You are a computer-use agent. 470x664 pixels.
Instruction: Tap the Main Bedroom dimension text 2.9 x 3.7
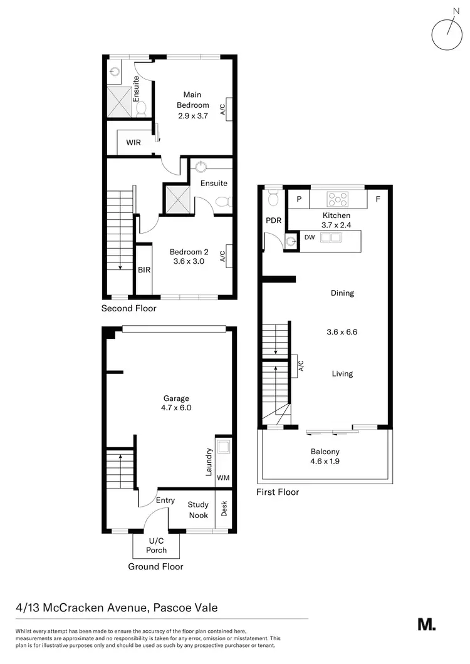[x=192, y=115]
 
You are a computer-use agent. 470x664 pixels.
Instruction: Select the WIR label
[x=133, y=142]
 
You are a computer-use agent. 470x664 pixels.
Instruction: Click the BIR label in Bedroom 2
[x=144, y=270]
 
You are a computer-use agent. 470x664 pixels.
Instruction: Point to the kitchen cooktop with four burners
[x=338, y=200]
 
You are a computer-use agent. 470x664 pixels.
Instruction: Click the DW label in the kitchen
[x=309, y=238]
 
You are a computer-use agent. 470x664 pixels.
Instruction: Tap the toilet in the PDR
[x=273, y=199]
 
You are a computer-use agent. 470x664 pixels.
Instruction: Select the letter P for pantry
[x=299, y=200]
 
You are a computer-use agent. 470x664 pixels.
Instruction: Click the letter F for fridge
[x=378, y=200]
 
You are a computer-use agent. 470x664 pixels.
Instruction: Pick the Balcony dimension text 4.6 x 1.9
[x=325, y=462]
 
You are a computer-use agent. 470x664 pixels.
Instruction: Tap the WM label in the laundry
[x=222, y=478]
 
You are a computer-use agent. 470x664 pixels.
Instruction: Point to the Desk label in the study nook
[x=224, y=509]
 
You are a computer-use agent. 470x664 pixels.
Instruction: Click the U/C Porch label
[x=157, y=545]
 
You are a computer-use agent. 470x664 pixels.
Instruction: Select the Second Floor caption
[x=128, y=308]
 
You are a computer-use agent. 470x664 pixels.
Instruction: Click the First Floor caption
[x=278, y=492]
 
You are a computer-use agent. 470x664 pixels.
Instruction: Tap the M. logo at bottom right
[x=426, y=624]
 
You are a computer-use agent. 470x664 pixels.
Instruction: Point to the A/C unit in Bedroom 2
[x=229, y=256]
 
